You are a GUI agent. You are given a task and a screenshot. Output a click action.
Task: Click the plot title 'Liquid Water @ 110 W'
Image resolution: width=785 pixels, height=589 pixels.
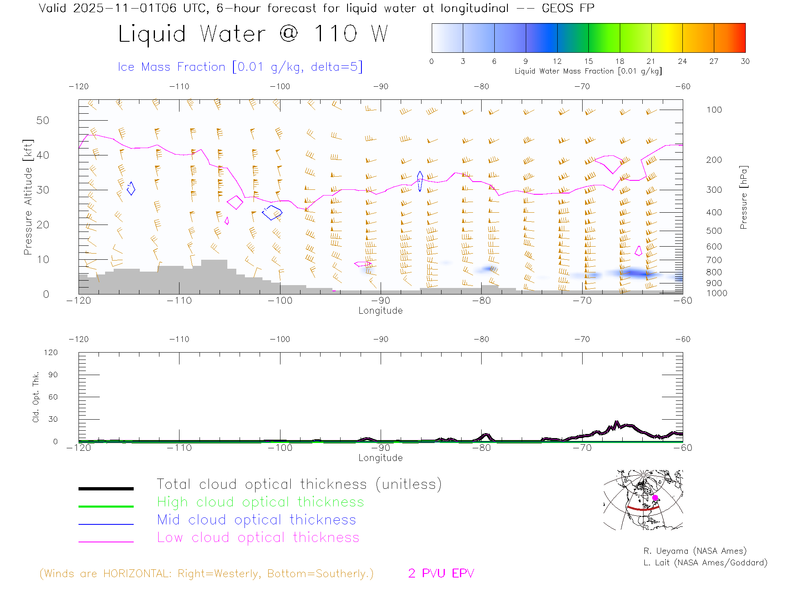click(x=253, y=34)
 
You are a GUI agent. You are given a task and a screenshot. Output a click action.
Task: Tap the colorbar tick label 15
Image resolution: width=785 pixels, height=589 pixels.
click(x=588, y=61)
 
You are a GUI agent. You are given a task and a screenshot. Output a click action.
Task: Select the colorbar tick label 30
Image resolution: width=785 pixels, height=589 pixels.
click(x=745, y=61)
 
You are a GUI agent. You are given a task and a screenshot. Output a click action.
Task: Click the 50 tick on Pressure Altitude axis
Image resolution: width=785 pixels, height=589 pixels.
click(x=43, y=120)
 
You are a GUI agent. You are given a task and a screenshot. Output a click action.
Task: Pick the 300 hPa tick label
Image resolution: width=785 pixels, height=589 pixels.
click(x=714, y=190)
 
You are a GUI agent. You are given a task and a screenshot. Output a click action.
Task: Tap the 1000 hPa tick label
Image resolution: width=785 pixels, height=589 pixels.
click(x=716, y=293)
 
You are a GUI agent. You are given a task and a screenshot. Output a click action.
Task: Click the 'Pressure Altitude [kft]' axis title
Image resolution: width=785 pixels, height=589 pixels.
click(x=28, y=197)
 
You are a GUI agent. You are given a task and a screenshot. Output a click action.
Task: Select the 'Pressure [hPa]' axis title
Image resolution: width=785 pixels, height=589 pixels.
click(x=743, y=197)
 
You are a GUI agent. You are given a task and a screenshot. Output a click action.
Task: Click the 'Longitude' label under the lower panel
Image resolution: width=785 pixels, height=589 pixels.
click(x=380, y=458)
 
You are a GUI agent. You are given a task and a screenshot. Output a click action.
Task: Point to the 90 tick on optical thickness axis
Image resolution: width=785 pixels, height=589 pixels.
click(x=53, y=375)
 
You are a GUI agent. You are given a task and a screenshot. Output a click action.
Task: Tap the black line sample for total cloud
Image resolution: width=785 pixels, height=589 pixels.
click(x=106, y=488)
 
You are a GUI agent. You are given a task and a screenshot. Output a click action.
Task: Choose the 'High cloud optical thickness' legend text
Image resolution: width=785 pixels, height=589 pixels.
click(x=260, y=502)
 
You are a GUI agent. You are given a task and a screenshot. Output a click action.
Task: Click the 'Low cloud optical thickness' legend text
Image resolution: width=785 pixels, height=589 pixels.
click(x=258, y=537)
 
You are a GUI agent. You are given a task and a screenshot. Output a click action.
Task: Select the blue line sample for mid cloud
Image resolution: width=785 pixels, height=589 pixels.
click(x=106, y=524)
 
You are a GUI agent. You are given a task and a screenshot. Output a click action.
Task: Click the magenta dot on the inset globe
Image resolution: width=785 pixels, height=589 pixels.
click(x=655, y=498)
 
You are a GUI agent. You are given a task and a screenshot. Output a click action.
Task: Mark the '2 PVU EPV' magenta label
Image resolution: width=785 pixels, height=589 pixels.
click(x=441, y=573)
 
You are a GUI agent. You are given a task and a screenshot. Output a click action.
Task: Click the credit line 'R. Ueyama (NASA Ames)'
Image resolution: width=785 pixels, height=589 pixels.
click(x=695, y=551)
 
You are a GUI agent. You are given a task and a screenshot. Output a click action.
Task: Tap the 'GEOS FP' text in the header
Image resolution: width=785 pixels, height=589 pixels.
click(x=568, y=8)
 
